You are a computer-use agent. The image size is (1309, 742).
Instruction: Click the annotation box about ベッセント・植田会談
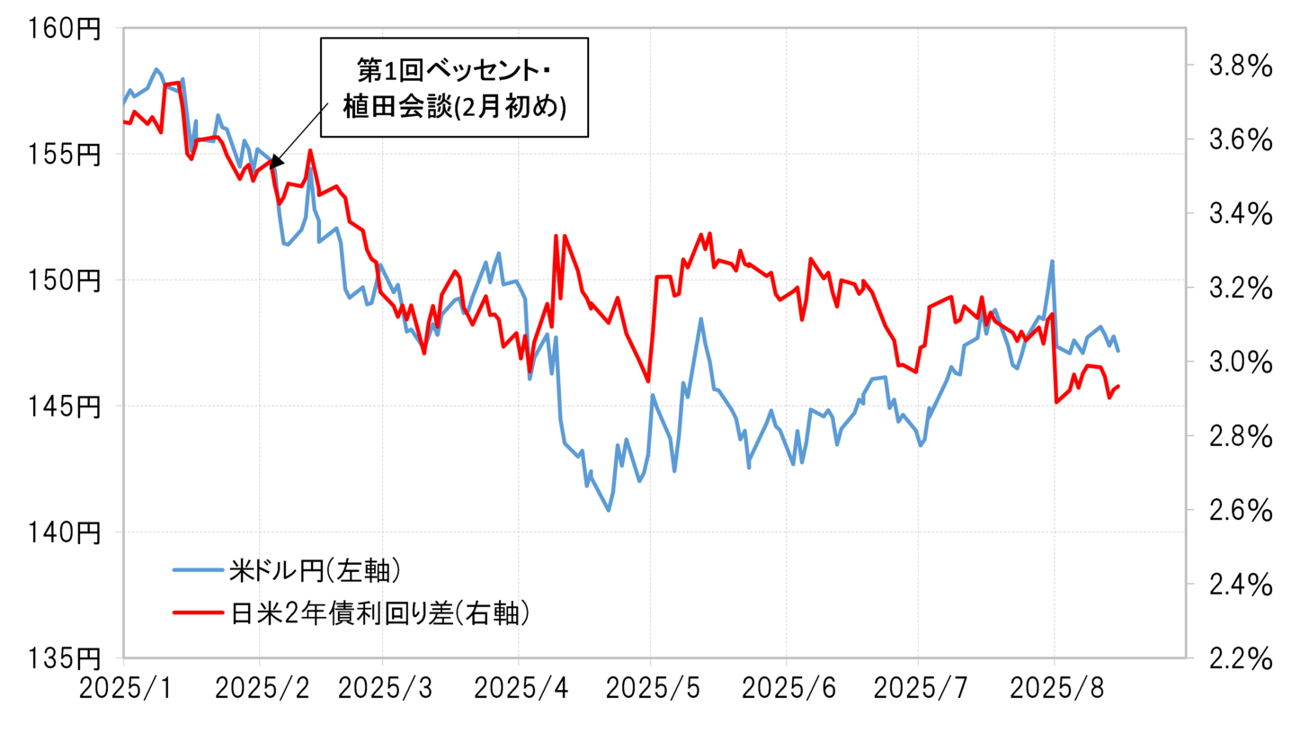pyautogui.click(x=454, y=87)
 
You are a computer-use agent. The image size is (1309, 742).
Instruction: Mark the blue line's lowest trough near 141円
pyautogui.click(x=609, y=510)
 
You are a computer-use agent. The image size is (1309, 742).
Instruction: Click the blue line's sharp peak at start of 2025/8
pyautogui.click(x=1052, y=262)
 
